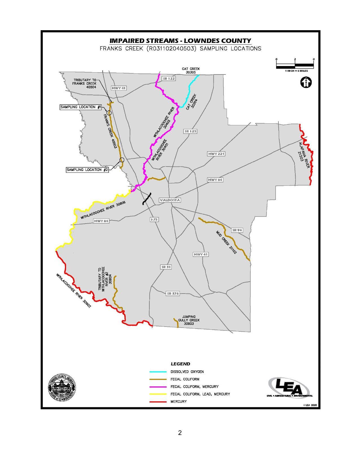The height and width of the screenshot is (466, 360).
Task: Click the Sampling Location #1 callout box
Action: [81, 107]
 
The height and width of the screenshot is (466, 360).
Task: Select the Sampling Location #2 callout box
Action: [88, 170]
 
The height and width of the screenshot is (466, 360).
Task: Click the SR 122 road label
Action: [169, 78]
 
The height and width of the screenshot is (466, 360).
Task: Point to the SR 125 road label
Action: [190, 131]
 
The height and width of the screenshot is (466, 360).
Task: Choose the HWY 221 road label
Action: [216, 154]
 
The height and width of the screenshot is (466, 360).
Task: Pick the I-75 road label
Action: [154, 219]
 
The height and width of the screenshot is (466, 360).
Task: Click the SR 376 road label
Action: [173, 294]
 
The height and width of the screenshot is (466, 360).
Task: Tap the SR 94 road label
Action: [237, 230]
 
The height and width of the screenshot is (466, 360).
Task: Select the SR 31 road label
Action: [166, 267]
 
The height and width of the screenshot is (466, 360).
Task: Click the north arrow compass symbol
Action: [306, 82]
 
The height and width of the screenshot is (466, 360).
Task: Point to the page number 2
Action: [180, 433]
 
